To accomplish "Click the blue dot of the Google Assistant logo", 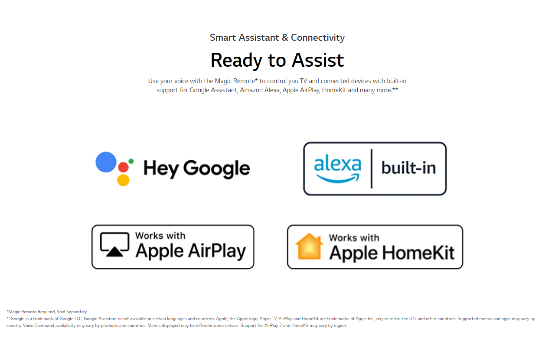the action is pyautogui.click(x=106, y=162).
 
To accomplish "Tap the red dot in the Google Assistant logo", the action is pyautogui.click(x=124, y=167).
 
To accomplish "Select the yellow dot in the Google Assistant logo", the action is pyautogui.click(x=123, y=180).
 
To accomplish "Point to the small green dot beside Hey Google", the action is pyautogui.click(x=131, y=161).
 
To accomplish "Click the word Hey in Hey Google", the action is pyautogui.click(x=161, y=169).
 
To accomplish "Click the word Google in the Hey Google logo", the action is pyautogui.click(x=216, y=169).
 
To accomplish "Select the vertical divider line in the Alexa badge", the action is pyautogui.click(x=372, y=169).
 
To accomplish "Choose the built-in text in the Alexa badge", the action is pyautogui.click(x=408, y=168).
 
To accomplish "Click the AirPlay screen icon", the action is pyautogui.click(x=114, y=245).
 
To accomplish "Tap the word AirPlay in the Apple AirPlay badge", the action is pyautogui.click(x=217, y=251).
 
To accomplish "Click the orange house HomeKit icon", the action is pyautogui.click(x=309, y=246).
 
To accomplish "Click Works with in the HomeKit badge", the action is pyautogui.click(x=354, y=238).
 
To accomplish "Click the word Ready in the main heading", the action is pyautogui.click(x=236, y=61).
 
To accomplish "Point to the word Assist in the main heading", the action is pyautogui.click(x=318, y=60).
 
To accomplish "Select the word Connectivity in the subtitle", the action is pyautogui.click(x=318, y=38).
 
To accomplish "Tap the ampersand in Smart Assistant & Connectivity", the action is pyautogui.click(x=285, y=38).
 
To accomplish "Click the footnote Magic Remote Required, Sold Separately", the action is pyautogui.click(x=48, y=312).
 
